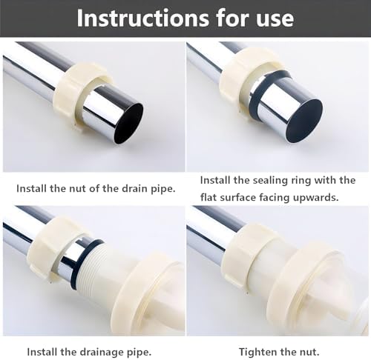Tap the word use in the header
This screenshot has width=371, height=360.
275,19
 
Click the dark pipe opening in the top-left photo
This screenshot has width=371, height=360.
129,123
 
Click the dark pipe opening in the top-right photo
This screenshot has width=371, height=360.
304,121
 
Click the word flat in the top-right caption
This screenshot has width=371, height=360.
209,197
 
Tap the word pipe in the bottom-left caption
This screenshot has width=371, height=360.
142,353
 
